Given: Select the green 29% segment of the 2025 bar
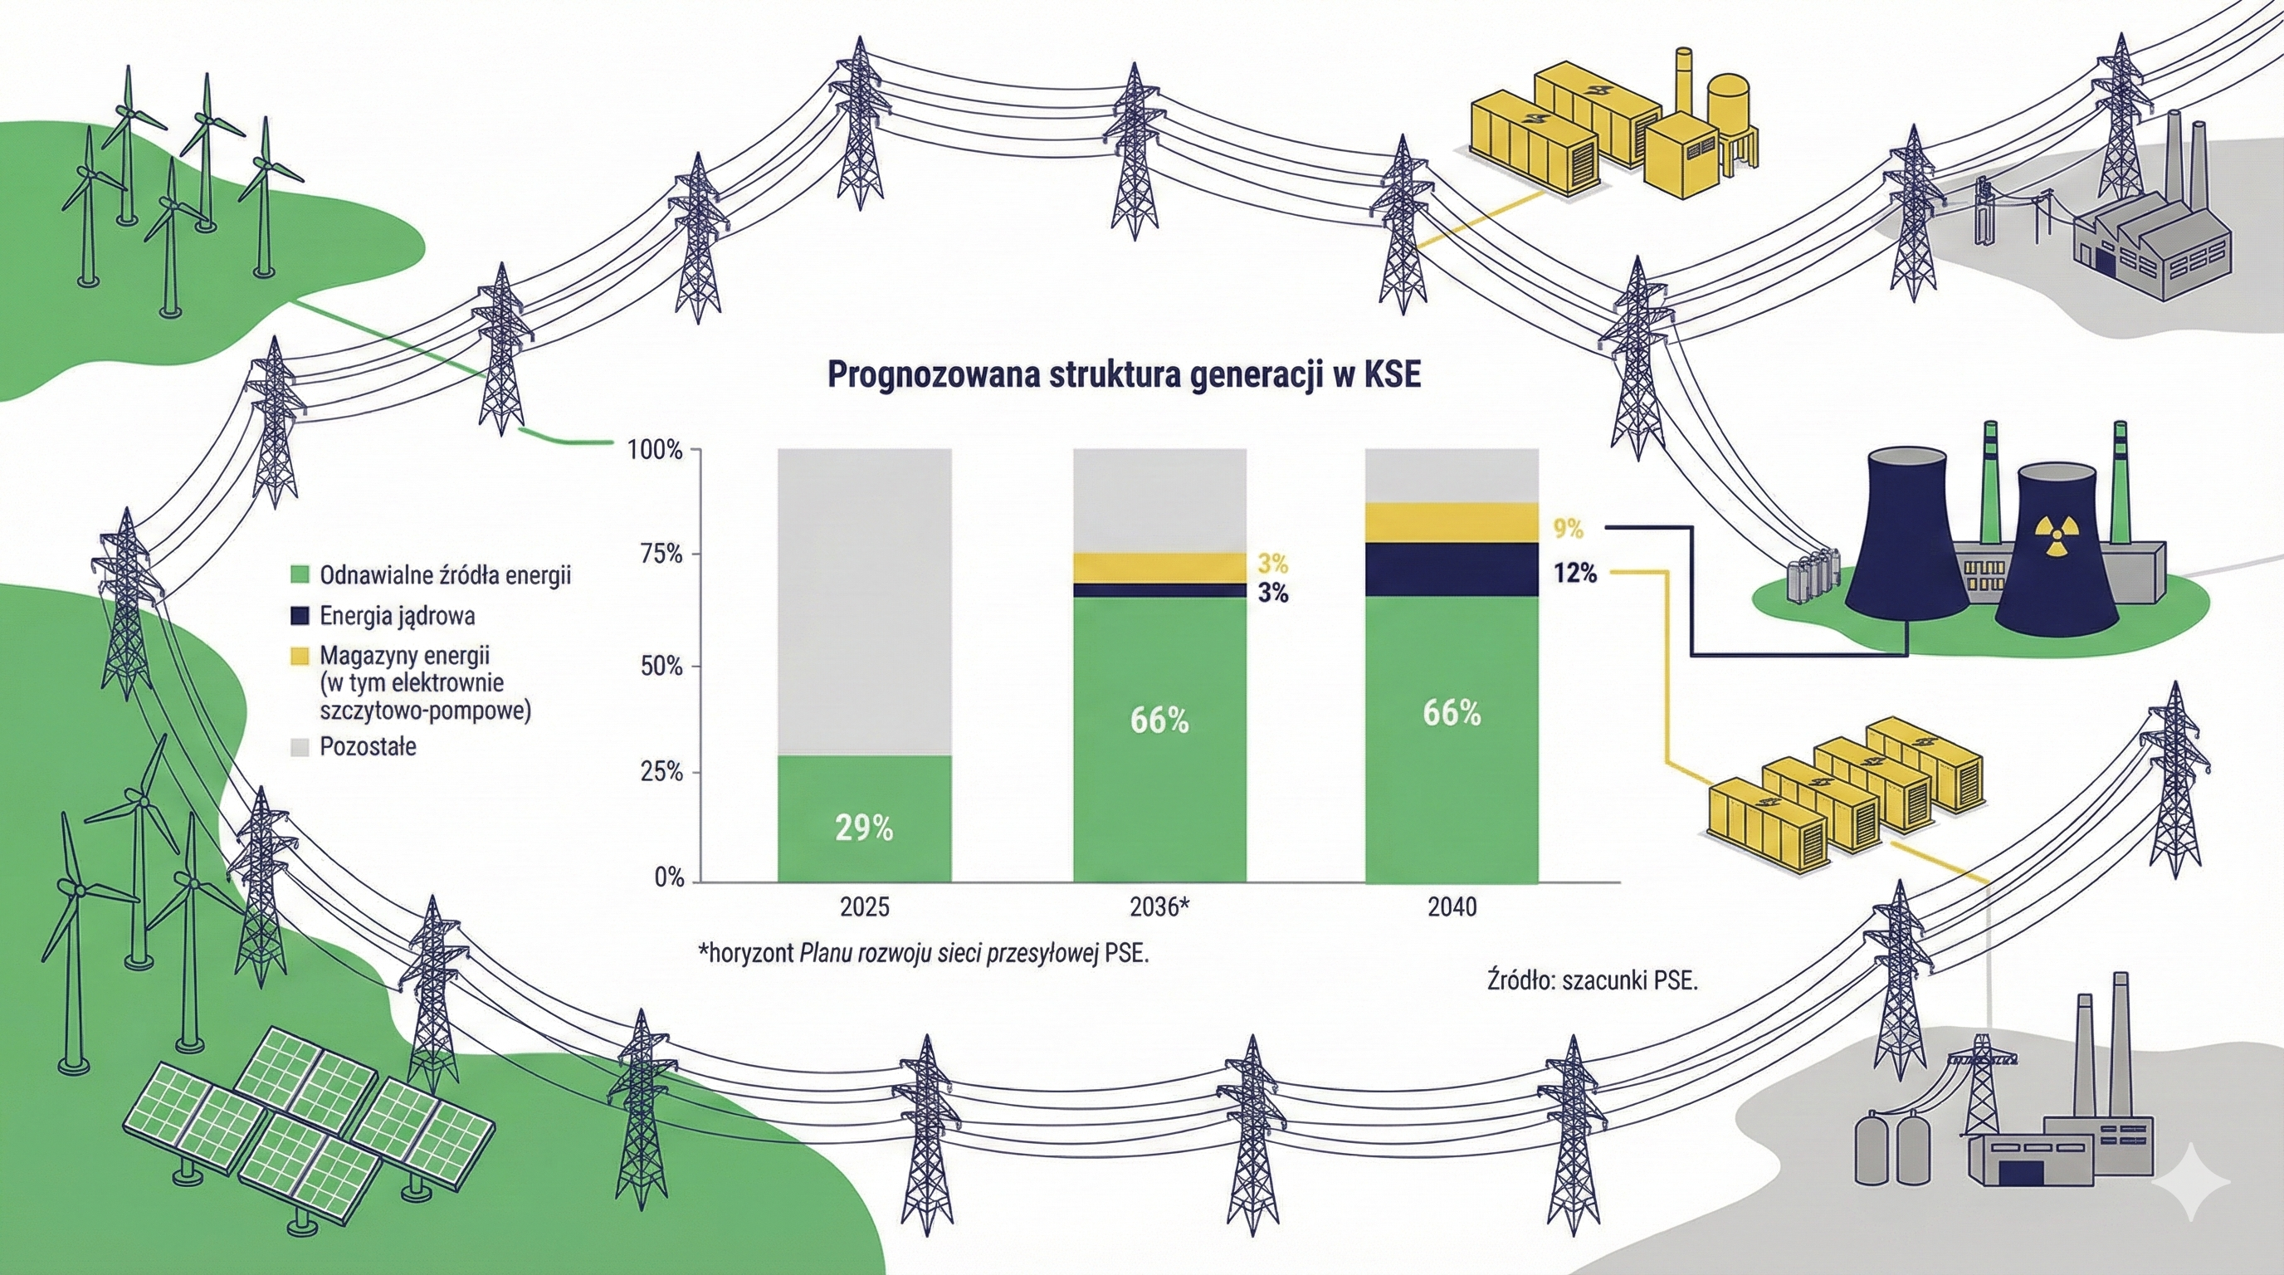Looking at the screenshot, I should coord(865,818).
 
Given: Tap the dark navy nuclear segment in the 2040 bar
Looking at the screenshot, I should coord(1452,569).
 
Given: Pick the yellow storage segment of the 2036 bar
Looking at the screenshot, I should coord(1159,568).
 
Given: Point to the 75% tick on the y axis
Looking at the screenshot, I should coord(661,555).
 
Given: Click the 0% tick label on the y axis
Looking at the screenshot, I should coord(670,877).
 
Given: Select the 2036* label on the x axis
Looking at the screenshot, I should coord(1159,907).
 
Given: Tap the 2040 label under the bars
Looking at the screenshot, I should coord(1452,907).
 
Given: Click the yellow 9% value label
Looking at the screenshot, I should coord(1568,530).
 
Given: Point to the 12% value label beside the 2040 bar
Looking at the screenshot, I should coord(1574,574).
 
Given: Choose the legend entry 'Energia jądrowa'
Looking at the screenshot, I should coord(397,615).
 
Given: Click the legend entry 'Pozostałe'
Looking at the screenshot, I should coord(367,746).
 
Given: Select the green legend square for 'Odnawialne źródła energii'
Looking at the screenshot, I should coord(300,575).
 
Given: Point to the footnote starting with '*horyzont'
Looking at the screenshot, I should coord(922,955).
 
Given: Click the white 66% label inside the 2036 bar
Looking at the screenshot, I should coord(1159,721).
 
